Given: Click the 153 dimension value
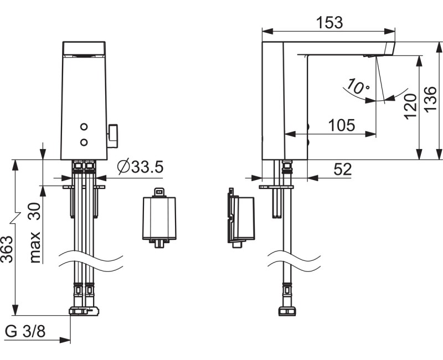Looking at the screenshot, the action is [329, 23].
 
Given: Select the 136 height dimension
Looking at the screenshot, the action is [431, 100].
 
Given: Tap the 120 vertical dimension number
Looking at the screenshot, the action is [410, 106].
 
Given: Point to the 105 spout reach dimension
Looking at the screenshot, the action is [342, 125].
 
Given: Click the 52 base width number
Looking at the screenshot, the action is [343, 169].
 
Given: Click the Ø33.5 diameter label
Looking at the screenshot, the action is [141, 167].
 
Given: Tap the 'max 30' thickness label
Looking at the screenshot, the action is [35, 233].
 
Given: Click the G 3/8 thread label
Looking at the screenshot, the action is [25, 331].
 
